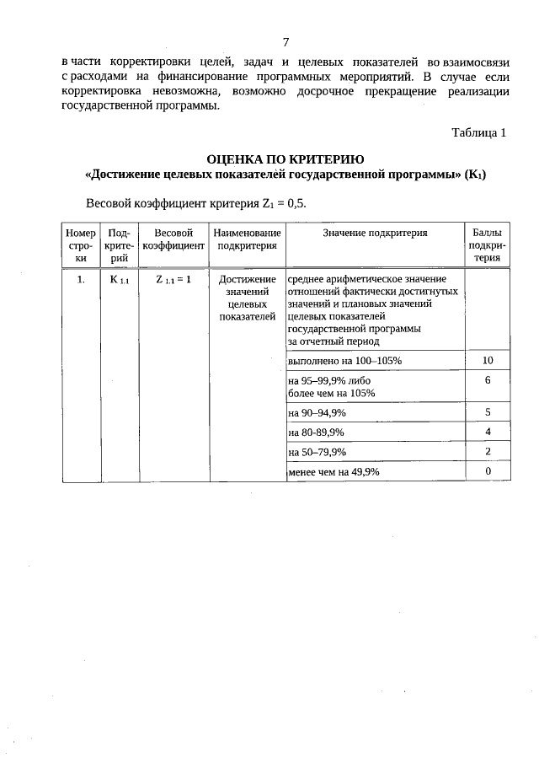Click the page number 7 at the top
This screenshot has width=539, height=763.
tap(286, 42)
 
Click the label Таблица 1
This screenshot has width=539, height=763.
tap(478, 132)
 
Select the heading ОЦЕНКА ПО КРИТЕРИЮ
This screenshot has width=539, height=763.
tap(286, 159)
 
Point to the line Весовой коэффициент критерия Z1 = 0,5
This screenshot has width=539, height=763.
tap(202, 203)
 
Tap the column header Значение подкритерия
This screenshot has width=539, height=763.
tap(375, 233)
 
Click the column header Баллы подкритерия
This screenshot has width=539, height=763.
tap(488, 245)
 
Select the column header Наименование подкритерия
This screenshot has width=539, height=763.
tap(247, 239)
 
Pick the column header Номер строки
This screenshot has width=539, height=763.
tap(81, 245)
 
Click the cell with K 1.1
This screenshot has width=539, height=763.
tap(119, 279)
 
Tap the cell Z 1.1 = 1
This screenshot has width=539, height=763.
tap(173, 279)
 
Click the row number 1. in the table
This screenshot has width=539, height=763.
tap(81, 279)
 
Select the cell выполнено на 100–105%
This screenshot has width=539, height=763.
tap(345, 361)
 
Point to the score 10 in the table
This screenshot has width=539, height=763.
tap(488, 361)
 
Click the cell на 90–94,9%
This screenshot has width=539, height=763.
tap(318, 412)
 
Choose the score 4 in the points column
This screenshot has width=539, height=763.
tap(488, 432)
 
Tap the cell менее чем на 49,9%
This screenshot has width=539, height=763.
tap(334, 472)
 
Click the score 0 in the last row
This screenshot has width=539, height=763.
tap(488, 471)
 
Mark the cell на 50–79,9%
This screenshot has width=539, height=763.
tap(318, 452)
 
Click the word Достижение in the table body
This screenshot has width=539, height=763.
tap(247, 279)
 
